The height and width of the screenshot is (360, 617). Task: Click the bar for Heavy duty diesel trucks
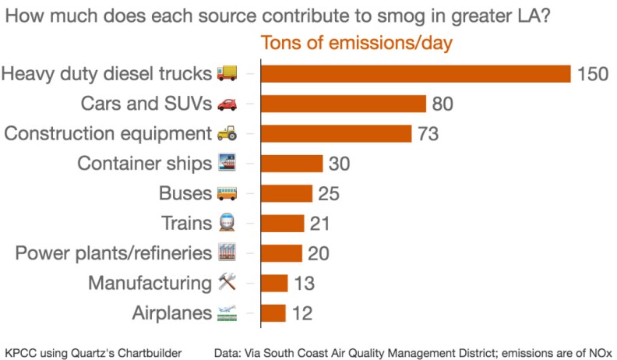click(416, 73)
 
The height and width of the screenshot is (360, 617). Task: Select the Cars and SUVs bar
click(344, 104)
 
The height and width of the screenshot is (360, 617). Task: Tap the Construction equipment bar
click(336, 133)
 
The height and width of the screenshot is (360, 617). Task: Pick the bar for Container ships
click(291, 164)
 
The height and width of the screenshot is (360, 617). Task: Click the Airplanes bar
click(273, 313)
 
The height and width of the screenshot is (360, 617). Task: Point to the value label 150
click(592, 74)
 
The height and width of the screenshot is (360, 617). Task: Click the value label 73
click(428, 133)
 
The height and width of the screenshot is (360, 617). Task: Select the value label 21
click(319, 224)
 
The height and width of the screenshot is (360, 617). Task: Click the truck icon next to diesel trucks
click(227, 73)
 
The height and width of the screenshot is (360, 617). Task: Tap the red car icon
click(227, 104)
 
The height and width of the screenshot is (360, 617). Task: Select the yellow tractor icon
click(227, 133)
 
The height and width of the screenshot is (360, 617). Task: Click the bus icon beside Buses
click(227, 193)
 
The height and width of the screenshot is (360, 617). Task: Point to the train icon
click(227, 224)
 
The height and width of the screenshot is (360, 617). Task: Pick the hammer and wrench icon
click(227, 284)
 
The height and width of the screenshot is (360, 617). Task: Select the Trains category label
click(185, 224)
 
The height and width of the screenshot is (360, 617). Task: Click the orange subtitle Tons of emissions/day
click(356, 43)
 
